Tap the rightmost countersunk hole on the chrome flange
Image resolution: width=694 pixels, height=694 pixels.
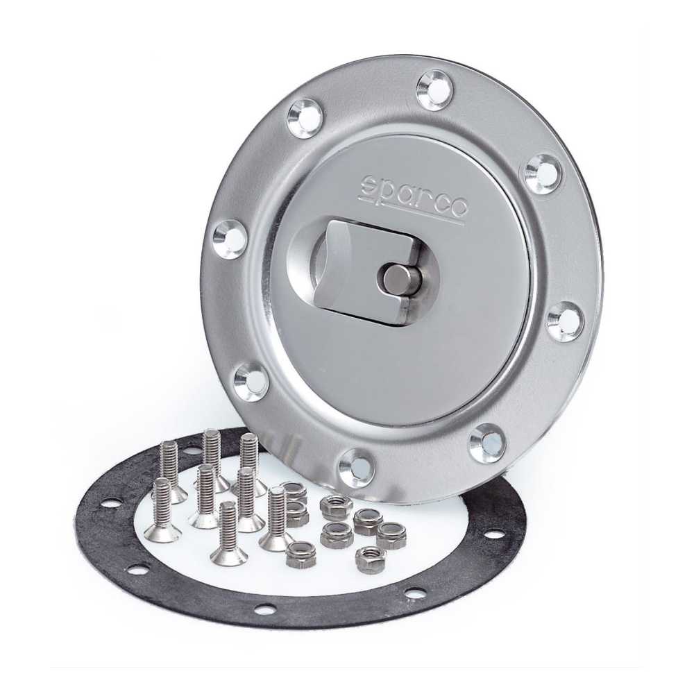pos(566,317)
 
